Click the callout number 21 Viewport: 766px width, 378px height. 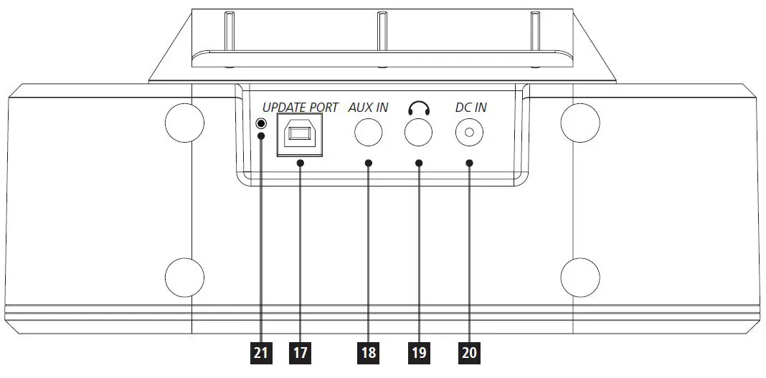pos(261,352)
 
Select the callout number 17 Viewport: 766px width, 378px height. pos(300,352)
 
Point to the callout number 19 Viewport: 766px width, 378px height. pos(418,352)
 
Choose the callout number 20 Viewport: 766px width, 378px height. pos(469,352)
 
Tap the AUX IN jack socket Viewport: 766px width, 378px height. pos(369,132)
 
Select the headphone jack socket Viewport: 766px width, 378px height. pos(418,132)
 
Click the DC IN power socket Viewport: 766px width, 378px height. pos(469,132)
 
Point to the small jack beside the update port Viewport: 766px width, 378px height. pos(261,123)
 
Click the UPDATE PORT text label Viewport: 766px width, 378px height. pos(301,108)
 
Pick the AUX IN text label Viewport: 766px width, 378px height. pos(368,108)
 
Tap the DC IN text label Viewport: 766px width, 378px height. pos(471,108)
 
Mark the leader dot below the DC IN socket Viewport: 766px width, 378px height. pos(469,164)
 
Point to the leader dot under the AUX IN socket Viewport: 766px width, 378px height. pos(369,164)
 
